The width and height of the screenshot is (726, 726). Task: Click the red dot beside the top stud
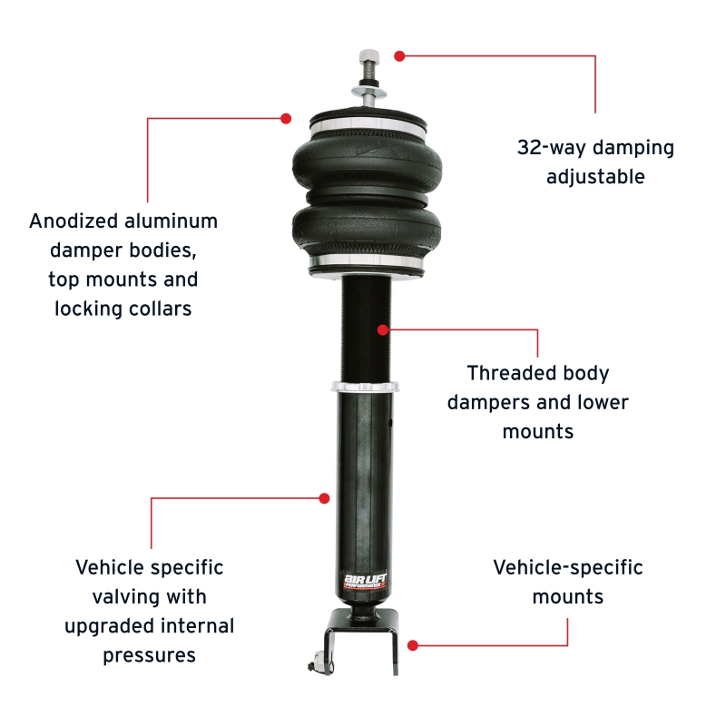[x=399, y=55]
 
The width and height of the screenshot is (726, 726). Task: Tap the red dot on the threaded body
[x=383, y=329]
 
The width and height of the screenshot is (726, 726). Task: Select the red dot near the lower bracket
[x=413, y=645]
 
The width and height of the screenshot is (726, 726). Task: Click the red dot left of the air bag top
[x=286, y=118]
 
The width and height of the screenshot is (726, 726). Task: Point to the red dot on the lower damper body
[x=324, y=497]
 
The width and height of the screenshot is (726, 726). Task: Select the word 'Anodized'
[x=73, y=221]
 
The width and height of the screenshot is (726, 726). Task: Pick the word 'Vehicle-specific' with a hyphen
[x=568, y=568]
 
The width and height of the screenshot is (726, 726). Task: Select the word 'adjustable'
[x=595, y=177]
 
